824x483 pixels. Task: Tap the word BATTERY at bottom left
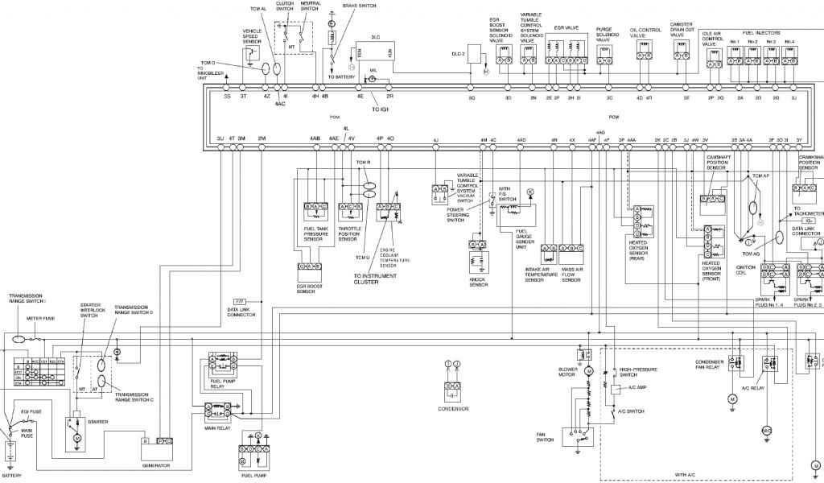tap(11, 475)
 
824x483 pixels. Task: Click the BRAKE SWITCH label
tap(359, 5)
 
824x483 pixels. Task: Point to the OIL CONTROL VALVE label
tap(645, 33)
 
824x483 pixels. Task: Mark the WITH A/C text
tap(686, 475)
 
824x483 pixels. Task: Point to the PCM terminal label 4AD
tap(521, 140)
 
